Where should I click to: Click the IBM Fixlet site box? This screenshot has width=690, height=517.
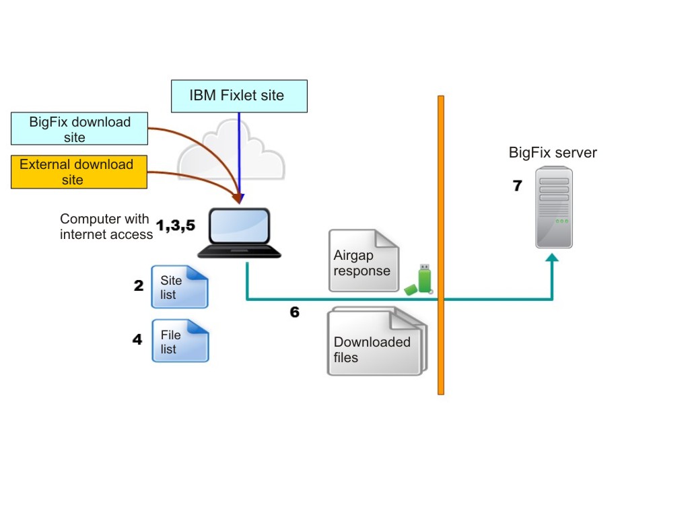click(239, 96)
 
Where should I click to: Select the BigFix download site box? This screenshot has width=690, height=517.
click(79, 129)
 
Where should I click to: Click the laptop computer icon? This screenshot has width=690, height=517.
click(240, 232)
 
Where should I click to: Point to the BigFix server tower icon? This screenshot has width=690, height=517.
click(554, 208)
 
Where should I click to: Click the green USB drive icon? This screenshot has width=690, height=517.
click(420, 279)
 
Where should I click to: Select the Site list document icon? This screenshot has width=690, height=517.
click(180, 287)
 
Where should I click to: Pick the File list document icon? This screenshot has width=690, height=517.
click(180, 341)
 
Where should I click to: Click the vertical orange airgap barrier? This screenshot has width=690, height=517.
click(441, 245)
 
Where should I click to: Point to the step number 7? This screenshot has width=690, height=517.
click(517, 186)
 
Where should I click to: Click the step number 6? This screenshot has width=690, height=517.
click(294, 312)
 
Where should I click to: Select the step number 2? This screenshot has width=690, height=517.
click(138, 285)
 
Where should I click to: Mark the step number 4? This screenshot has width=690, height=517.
click(137, 339)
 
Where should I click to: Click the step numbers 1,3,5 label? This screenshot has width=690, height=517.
click(176, 226)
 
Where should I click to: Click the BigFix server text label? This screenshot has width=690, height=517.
click(553, 153)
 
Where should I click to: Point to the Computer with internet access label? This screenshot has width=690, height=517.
click(106, 227)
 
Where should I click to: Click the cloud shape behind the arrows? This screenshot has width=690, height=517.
click(202, 155)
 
